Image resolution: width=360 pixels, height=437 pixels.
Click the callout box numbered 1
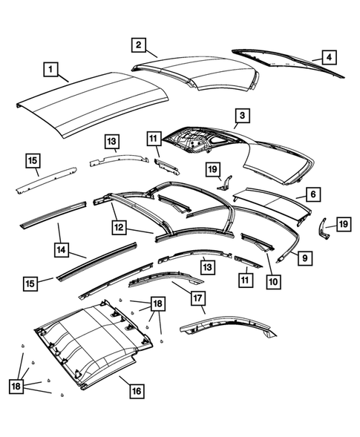point(51,70)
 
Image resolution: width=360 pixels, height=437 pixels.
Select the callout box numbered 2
point(139,45)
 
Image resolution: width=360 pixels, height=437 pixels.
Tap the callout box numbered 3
point(241,116)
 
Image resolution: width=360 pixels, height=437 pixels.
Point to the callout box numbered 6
point(312,194)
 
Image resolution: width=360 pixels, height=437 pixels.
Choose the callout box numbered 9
point(304,257)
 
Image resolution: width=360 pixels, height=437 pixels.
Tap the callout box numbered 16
point(137,390)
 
